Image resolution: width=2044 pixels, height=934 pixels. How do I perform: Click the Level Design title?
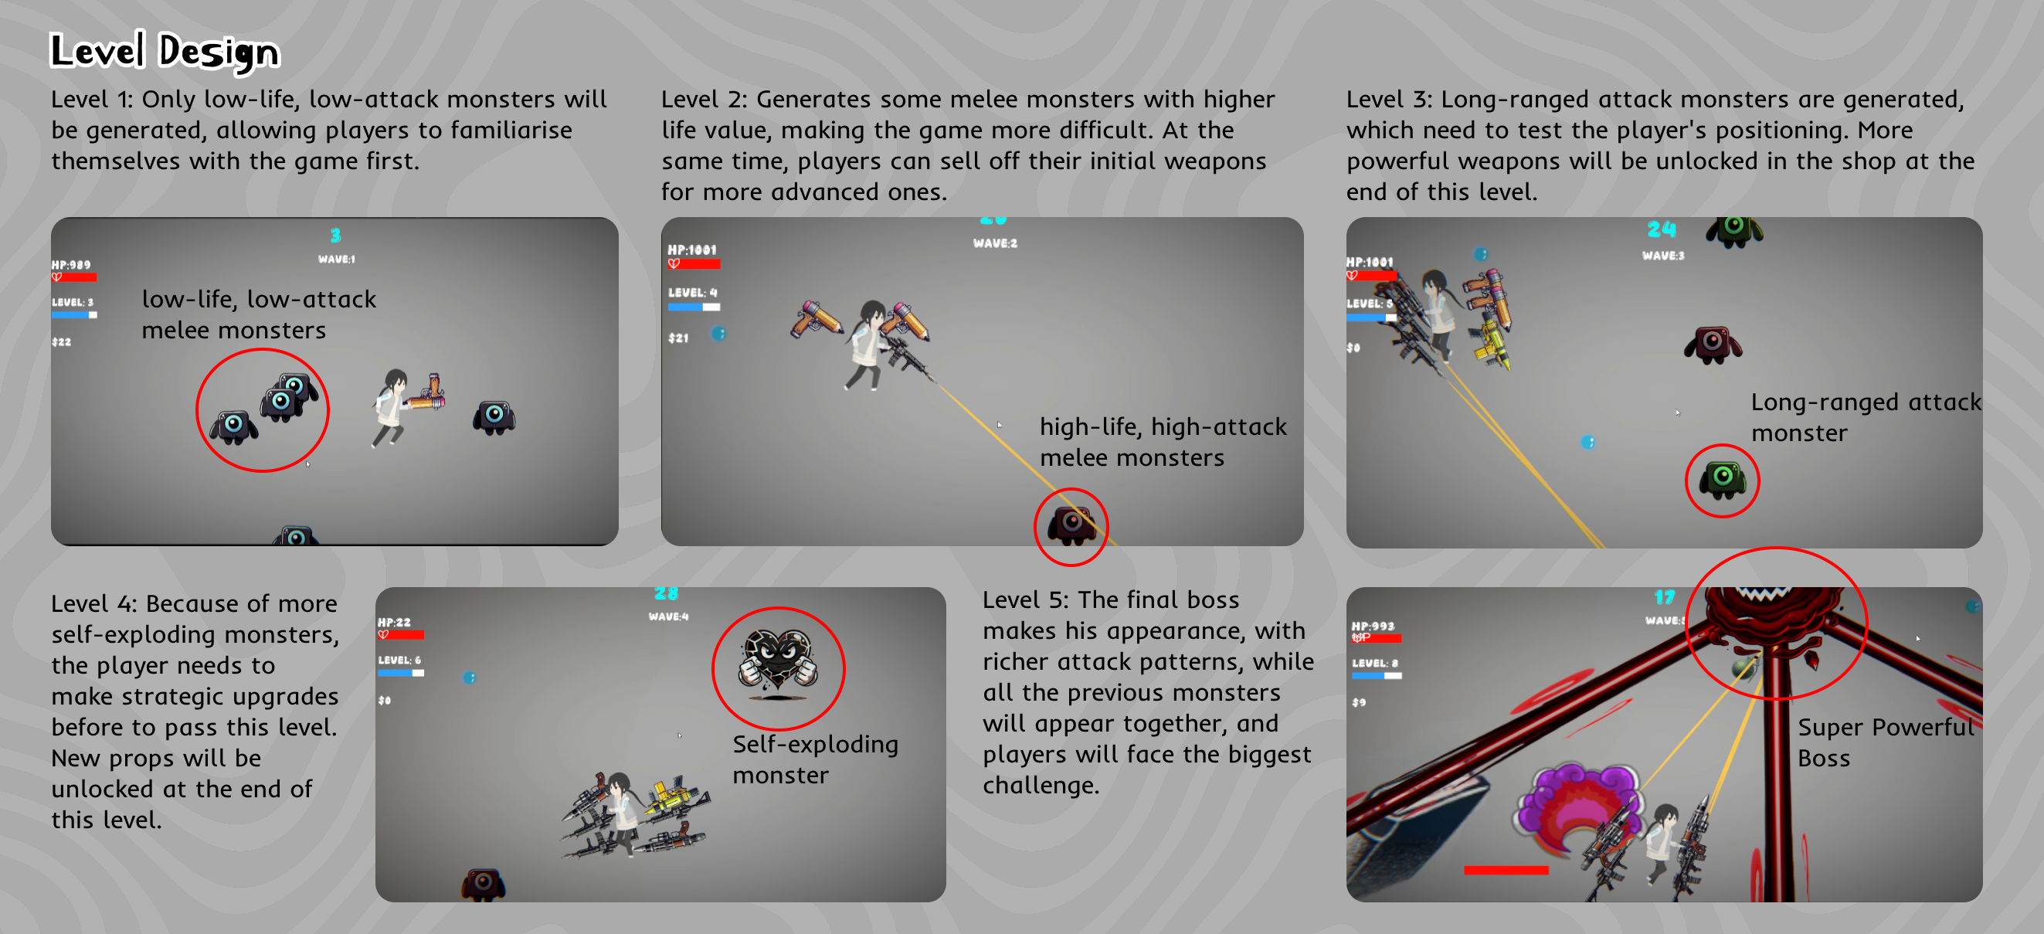pyautogui.click(x=165, y=51)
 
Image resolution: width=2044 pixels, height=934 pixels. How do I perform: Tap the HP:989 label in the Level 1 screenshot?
pyautogui.click(x=71, y=265)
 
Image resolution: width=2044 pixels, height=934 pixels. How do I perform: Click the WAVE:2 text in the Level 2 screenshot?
pyautogui.click(x=995, y=243)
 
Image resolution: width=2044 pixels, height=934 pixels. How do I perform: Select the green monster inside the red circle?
pyautogui.click(x=1722, y=479)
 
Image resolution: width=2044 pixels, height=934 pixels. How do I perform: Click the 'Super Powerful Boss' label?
pyautogui.click(x=1885, y=742)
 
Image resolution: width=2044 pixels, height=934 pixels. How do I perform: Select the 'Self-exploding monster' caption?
pyautogui.click(x=815, y=759)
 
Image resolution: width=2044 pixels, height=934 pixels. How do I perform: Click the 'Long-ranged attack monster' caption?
pyautogui.click(x=1865, y=417)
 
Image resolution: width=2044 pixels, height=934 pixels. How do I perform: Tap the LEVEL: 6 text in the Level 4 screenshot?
pyautogui.click(x=399, y=661)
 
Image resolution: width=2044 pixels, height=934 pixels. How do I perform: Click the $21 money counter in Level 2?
pyautogui.click(x=678, y=338)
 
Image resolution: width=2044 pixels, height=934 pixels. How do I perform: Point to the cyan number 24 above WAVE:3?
pyautogui.click(x=1662, y=230)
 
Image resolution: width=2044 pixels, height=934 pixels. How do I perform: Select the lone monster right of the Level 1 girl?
pyautogui.click(x=494, y=416)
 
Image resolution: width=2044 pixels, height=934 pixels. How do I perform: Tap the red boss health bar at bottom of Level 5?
pyautogui.click(x=1506, y=871)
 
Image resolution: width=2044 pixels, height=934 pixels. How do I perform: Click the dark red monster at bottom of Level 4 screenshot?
pyautogui.click(x=484, y=884)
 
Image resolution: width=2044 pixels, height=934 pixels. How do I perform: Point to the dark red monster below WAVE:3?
pyautogui.click(x=1713, y=345)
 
